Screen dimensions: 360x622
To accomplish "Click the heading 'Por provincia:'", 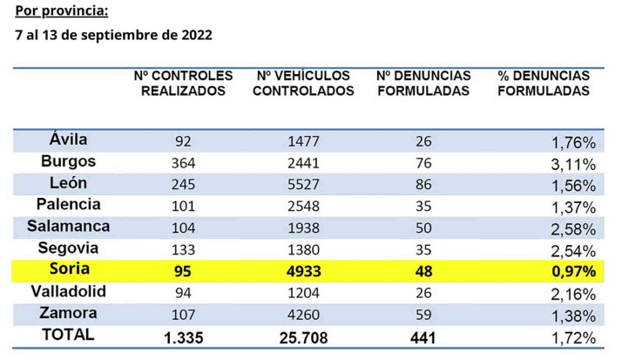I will pos(64,13).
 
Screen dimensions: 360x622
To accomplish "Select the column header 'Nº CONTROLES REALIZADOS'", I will pos(184,84).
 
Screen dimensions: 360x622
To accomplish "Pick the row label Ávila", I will pos(68,139).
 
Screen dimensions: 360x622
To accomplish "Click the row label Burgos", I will pos(68,161).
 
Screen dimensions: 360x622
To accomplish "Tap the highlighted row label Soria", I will pos(68,270).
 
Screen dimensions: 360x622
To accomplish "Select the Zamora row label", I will pos(68,313).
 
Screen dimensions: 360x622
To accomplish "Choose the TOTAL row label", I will pos(68,334).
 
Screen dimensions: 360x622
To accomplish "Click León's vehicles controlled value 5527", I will pos(305,185).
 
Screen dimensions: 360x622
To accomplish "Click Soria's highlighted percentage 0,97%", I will pos(573,272).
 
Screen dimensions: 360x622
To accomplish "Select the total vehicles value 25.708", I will pos(305,336).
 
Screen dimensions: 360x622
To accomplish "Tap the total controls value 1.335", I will pos(183,336).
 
